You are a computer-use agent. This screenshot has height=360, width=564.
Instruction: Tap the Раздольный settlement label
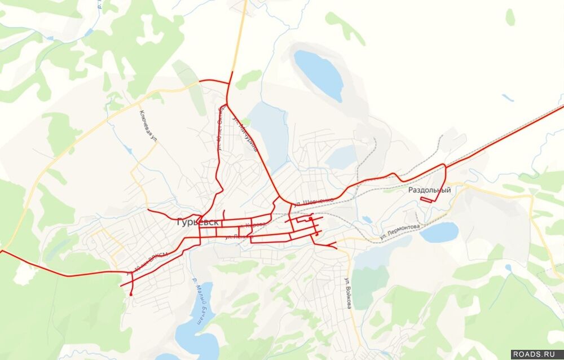click(430, 190)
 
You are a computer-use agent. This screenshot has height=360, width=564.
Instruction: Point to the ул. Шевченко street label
click(314, 200)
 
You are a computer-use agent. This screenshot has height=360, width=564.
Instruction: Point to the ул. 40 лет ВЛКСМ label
click(148, 263)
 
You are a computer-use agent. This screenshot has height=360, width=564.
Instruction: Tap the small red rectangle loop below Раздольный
click(430, 199)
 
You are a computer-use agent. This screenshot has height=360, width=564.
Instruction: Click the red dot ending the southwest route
click(131, 294)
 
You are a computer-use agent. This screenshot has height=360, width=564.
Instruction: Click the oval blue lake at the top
click(319, 74)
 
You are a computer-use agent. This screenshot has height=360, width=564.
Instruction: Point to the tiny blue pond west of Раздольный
click(367, 219)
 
